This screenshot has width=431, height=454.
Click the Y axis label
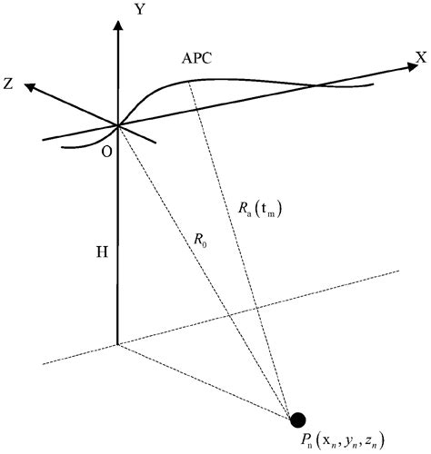click(x=138, y=10)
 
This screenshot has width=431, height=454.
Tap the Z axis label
click(x=8, y=84)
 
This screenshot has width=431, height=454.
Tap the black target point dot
click(x=297, y=419)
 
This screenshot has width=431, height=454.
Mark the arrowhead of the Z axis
click(x=28, y=87)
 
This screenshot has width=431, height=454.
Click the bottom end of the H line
click(x=118, y=345)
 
